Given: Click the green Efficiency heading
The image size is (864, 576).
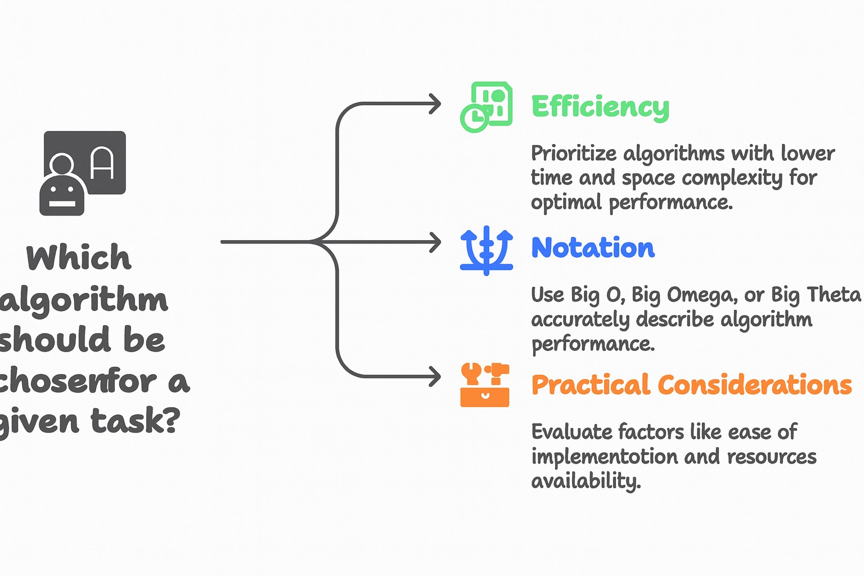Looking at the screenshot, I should coord(600,106).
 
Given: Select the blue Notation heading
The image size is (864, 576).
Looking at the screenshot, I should coord(593,247).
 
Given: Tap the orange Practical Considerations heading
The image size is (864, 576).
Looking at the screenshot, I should coord(691,385).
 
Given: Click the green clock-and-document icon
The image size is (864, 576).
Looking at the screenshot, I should coord(487,107).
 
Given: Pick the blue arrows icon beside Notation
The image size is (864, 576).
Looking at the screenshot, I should coord(487,250).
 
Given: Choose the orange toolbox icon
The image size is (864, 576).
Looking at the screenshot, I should coord(485,385).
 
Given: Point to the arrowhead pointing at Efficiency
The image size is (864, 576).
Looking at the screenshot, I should coord(435,104).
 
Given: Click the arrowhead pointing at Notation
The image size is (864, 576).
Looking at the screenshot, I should coord(435,242).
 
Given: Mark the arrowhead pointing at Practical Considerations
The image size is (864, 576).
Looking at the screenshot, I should coord(435,376).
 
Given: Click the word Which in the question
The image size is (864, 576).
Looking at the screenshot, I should coord(79,258).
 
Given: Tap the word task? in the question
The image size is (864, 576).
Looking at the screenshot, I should coord(136,421).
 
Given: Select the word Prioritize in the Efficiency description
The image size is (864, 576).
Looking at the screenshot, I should coord(574,154).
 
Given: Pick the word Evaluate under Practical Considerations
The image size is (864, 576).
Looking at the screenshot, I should coord(571,432).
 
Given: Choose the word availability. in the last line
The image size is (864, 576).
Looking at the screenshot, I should coord(586,481).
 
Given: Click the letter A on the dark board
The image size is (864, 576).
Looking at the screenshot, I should coord(102,164).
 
